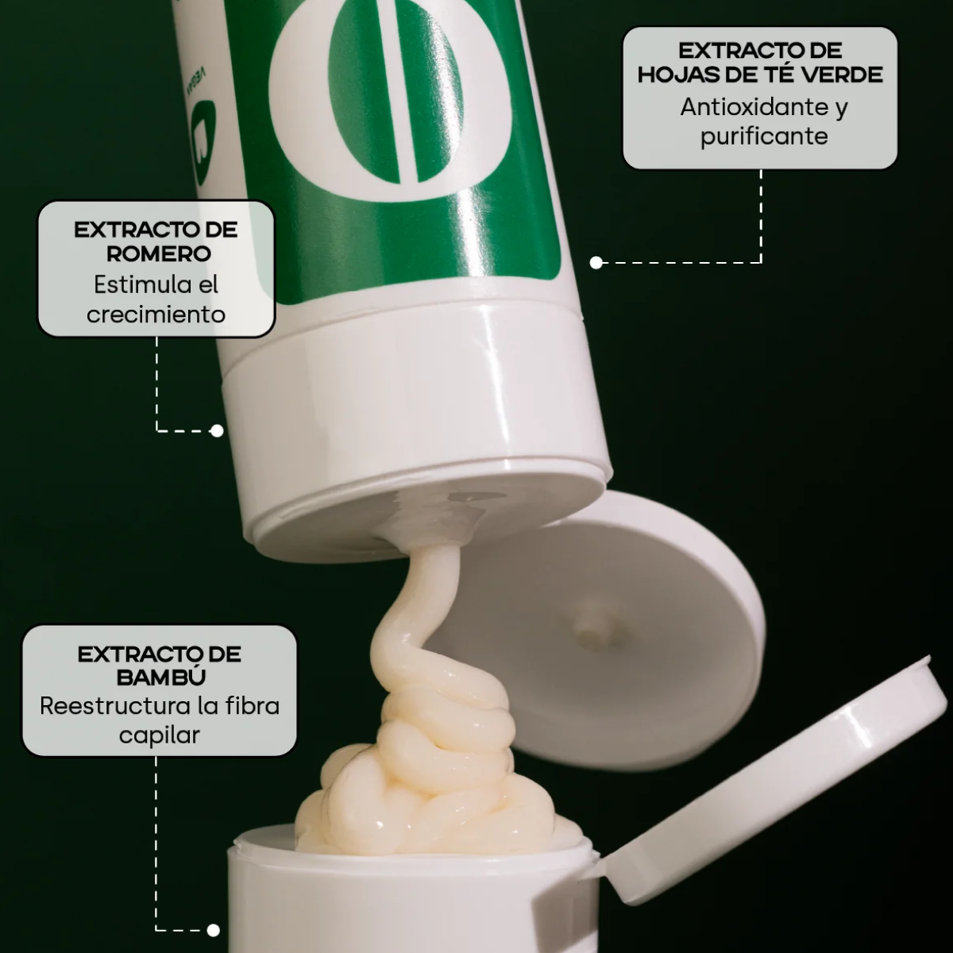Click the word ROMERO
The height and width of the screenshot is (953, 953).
[159, 253]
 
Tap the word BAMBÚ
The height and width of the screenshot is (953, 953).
[160, 677]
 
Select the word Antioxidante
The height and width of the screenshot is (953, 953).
[754, 107]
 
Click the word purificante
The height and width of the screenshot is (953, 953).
[764, 137]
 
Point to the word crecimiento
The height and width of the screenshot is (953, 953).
[156, 314]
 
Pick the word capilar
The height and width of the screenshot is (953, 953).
[160, 735]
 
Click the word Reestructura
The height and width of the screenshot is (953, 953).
[114, 706]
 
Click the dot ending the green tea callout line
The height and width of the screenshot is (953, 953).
[596, 263]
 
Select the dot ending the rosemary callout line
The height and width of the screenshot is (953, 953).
[217, 430]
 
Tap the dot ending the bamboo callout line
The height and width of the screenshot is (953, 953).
[213, 930]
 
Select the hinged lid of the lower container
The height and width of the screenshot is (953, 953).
[771, 781]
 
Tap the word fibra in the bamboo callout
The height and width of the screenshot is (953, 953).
[252, 706]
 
